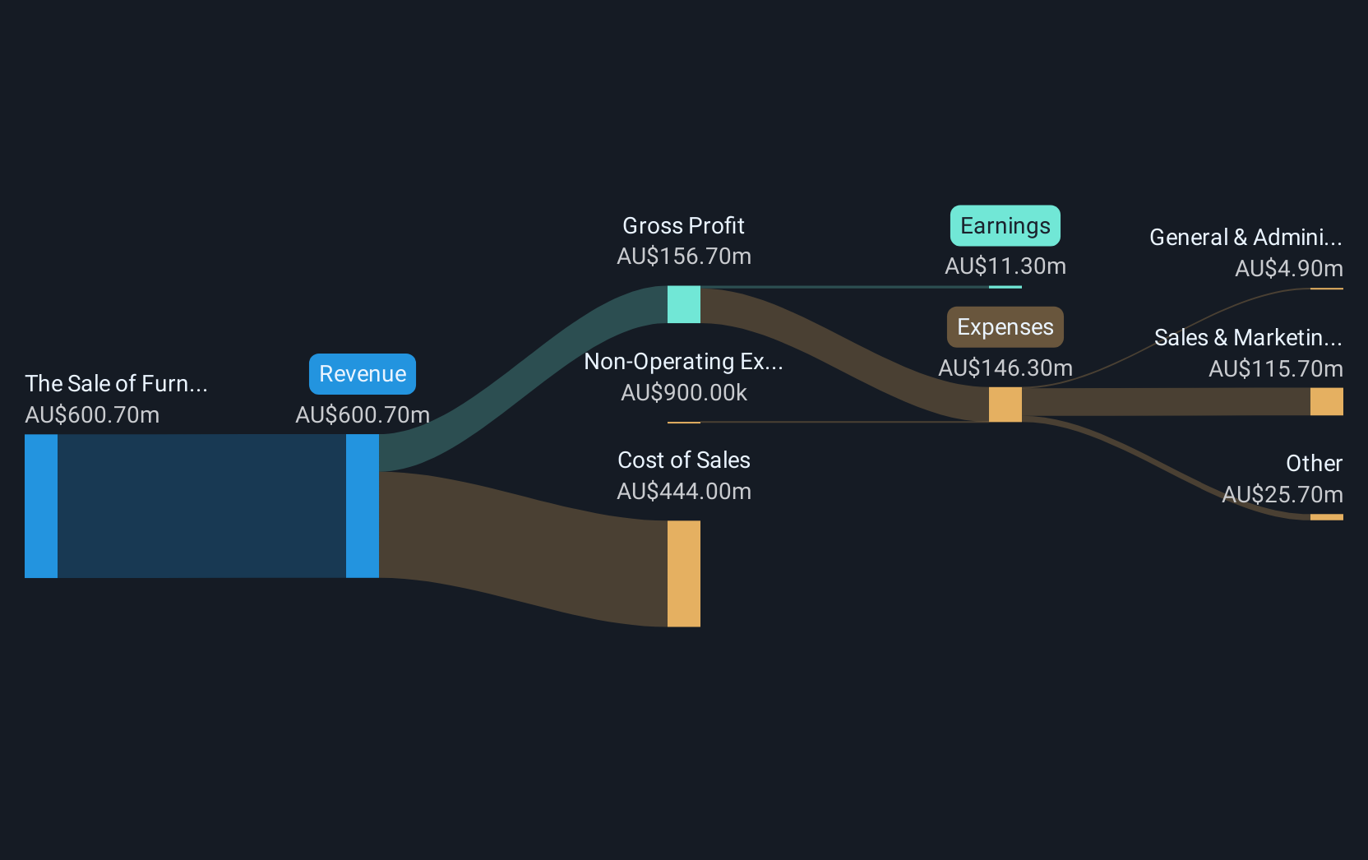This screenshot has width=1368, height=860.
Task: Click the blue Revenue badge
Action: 363,374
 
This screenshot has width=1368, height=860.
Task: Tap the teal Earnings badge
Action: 1005,226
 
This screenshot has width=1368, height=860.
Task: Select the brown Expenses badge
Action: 1005,327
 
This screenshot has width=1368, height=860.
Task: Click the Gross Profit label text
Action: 683,226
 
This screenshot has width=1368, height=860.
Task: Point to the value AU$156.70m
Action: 683,257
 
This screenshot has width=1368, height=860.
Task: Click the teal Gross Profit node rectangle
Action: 683,304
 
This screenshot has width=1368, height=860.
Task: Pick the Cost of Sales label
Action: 683,460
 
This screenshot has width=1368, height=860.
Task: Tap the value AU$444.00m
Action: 683,492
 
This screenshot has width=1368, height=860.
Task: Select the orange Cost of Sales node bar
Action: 683,573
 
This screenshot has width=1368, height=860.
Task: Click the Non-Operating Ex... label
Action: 683,362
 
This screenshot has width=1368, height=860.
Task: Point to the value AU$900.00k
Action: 683,393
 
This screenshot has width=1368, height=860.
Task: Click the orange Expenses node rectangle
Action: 1005,405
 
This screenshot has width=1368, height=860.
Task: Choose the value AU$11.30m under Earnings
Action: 1005,266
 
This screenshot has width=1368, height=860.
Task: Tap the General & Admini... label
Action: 1245,238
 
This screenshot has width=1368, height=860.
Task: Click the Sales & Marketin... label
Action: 1247,338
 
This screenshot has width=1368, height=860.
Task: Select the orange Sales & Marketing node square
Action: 1326,401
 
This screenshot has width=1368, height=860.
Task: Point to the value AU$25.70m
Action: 1282,495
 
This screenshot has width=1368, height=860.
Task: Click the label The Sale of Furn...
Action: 116,384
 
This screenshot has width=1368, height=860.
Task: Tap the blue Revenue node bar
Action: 363,506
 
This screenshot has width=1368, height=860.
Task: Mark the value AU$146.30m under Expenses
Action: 1005,368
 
